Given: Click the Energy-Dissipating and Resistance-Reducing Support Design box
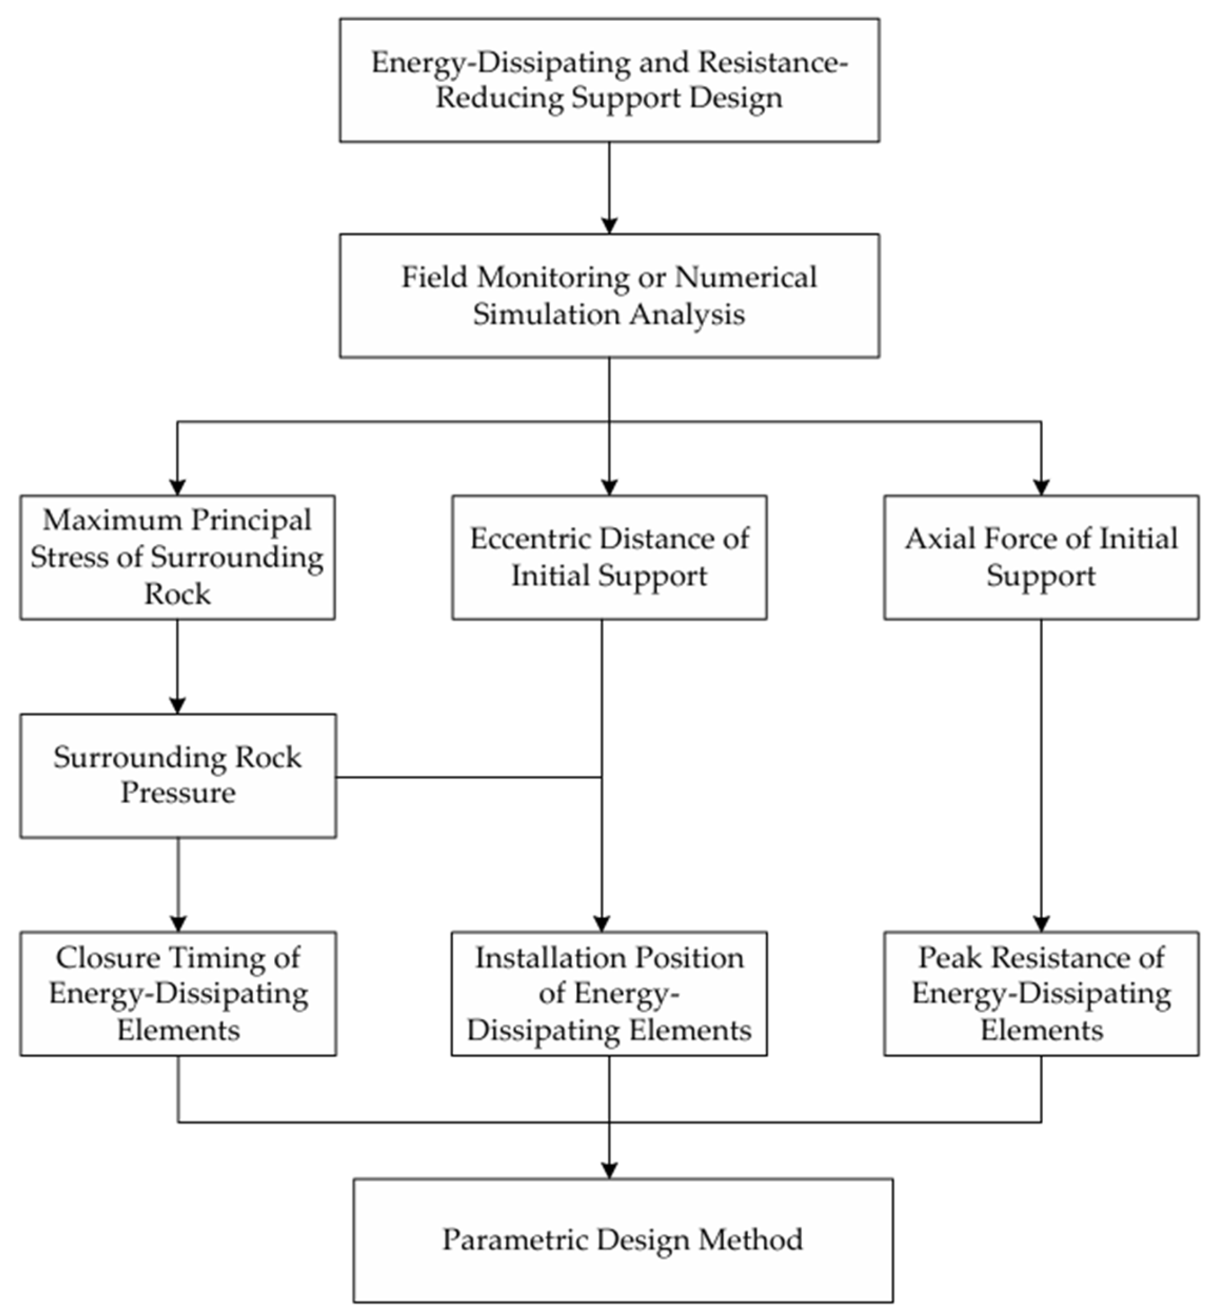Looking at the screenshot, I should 609,80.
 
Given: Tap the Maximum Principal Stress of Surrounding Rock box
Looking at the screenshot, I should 177,557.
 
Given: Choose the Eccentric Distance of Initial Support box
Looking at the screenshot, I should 609,557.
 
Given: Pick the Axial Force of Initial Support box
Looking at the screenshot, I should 1041,557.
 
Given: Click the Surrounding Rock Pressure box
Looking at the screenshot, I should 178,775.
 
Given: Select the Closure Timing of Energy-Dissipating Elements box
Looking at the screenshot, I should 178,993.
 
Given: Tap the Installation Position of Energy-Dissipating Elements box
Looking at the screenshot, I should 609,993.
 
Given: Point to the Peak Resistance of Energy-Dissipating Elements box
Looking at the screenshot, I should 1041,993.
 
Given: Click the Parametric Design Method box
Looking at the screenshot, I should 623,1240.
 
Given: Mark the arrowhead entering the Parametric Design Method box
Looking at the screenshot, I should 609,1170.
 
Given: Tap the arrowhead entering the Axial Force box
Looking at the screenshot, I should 1041,487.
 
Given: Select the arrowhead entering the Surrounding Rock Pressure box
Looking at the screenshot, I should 177,705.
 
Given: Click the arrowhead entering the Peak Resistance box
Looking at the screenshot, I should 1041,923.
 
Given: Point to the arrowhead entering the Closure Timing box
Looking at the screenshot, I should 178,923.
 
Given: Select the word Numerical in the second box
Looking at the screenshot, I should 746,278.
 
